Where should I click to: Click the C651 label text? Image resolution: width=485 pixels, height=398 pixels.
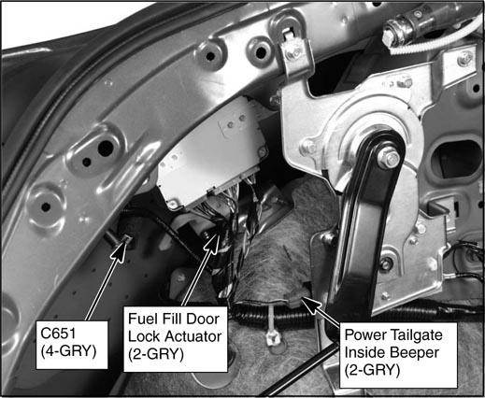(58, 334)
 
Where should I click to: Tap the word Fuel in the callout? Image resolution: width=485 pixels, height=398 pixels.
(143, 319)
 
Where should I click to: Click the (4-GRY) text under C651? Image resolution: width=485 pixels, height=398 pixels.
(68, 351)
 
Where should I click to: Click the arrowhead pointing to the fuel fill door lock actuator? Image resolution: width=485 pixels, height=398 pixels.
(214, 243)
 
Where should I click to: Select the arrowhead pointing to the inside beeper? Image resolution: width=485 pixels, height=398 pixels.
(310, 304)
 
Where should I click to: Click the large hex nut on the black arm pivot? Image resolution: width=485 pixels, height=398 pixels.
(389, 158)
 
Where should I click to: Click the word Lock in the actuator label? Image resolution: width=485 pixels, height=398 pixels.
(145, 336)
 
